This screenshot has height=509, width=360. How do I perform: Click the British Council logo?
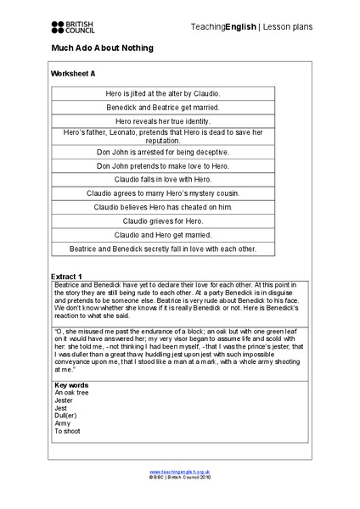pos(73,27)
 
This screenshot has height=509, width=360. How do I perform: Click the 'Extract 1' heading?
pos(66,277)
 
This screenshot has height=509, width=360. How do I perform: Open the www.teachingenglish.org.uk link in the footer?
pos(179,471)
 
